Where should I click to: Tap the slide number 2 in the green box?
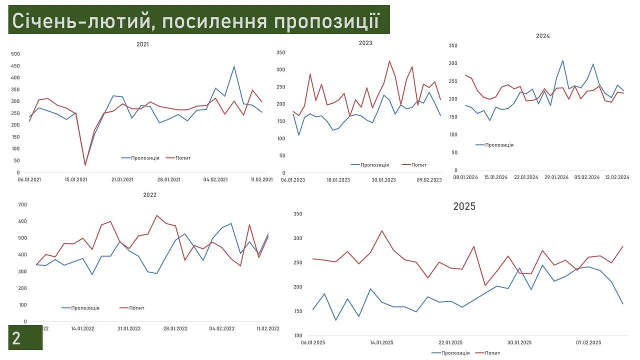tap(16, 338)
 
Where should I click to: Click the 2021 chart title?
tap(142, 44)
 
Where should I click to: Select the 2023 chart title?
tap(365, 43)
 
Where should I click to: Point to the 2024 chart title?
tap(542, 36)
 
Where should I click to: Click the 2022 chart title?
tap(149, 195)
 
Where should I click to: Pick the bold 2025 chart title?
tap(464, 206)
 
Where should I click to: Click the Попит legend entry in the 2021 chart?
tap(183, 158)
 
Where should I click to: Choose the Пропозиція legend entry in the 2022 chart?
tap(85, 308)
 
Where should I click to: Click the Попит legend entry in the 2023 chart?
tap(419, 165)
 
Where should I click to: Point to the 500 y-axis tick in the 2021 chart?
tap(15, 54)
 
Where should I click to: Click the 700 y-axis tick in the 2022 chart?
tap(22, 204)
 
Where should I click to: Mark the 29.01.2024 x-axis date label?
tap(556, 177)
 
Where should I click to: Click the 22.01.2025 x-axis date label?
tap(450, 342)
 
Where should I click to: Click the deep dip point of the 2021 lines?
tap(85, 164)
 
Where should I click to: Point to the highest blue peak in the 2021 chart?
tap(234, 66)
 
